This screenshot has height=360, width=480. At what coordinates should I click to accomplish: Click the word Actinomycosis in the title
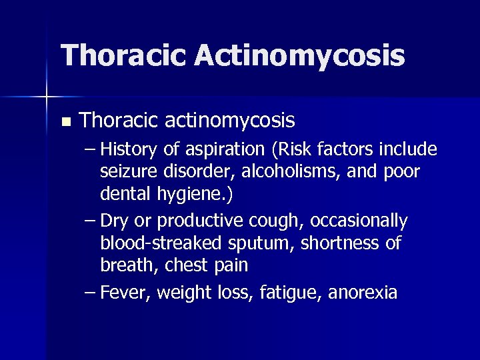point(299,56)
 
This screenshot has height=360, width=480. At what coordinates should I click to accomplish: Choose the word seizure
point(129,172)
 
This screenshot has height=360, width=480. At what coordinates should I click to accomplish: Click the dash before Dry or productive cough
point(89,221)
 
